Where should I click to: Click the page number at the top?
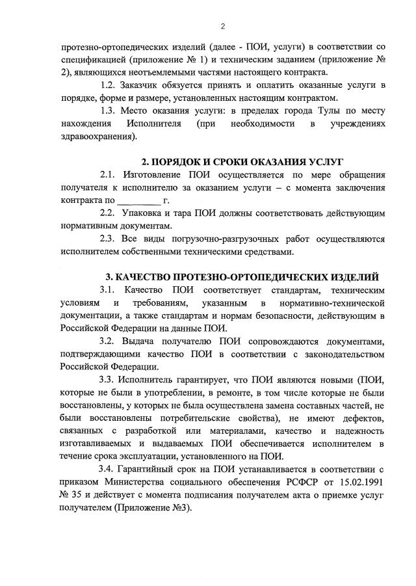click(222, 26)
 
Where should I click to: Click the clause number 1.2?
click(109, 85)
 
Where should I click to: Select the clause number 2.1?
click(109, 175)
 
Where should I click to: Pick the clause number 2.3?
click(109, 238)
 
